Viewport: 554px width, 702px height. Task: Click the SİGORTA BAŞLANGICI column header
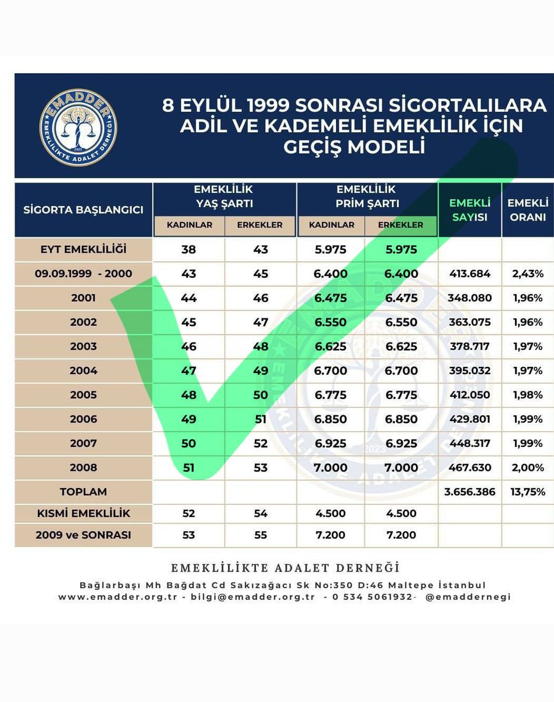point(84,210)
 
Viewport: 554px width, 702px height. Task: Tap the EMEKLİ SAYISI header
point(470,210)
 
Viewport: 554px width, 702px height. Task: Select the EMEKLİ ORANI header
point(528,210)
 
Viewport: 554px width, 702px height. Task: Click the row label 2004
point(83,371)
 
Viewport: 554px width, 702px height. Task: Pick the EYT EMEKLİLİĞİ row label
point(84,250)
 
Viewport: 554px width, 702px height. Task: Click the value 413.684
point(470,274)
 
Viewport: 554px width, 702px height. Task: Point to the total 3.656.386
point(470,492)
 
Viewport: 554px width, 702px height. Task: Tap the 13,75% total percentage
point(528,492)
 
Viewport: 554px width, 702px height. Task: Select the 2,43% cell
point(528,274)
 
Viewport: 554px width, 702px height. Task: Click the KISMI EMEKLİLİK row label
point(84,514)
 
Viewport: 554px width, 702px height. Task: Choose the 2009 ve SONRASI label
point(84,535)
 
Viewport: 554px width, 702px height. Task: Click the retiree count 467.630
point(470,468)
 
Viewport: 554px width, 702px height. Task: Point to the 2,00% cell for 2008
point(528,468)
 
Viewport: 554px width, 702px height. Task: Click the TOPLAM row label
point(84,492)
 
